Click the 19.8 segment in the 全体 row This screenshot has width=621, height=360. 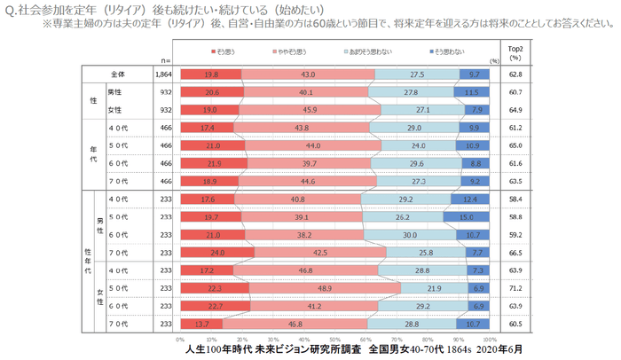210,74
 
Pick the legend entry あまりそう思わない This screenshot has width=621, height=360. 367,52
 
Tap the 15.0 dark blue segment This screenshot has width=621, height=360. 467,215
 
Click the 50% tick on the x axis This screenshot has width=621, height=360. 334,339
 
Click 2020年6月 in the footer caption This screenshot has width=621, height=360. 474,351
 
